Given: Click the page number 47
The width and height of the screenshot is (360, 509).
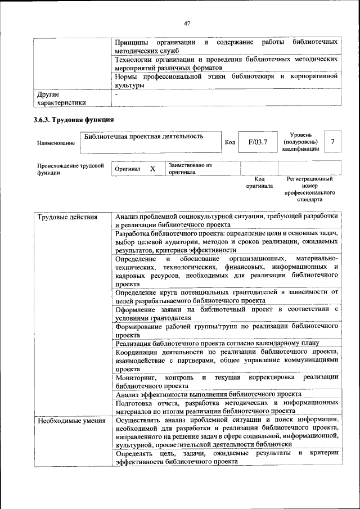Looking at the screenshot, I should click(187, 23).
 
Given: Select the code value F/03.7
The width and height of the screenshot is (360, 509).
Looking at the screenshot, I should click(258, 142).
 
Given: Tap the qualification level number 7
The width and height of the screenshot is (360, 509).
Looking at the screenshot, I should click(333, 142).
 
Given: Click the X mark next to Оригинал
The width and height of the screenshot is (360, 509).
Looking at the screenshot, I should click(152, 169).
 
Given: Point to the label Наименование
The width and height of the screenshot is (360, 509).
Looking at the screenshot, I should click(56, 143).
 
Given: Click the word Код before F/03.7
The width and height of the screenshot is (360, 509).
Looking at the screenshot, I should click(229, 142).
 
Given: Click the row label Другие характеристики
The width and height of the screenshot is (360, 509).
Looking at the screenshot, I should click(61, 98).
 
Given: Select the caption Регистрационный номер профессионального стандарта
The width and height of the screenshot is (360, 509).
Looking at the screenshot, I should click(309, 189).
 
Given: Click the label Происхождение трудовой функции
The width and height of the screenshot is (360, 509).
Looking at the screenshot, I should click(71, 169).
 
